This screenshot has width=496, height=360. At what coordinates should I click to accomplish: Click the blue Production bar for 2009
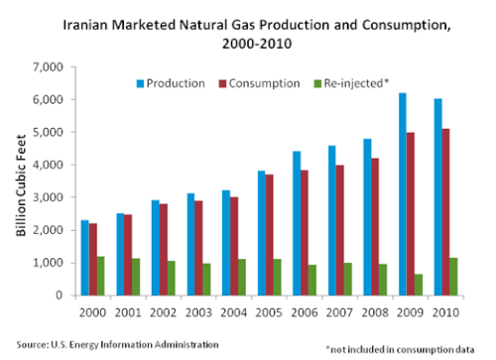click(x=403, y=194)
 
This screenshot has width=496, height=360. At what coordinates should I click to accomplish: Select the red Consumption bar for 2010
click(x=445, y=212)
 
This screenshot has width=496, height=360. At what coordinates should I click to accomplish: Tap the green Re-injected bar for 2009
click(x=419, y=285)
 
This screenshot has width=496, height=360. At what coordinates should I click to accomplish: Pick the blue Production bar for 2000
click(x=85, y=258)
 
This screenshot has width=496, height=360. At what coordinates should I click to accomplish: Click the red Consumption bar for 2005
click(x=270, y=235)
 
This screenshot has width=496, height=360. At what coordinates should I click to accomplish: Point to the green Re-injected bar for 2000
click(x=101, y=276)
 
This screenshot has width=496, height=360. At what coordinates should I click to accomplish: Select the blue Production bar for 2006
click(x=297, y=223)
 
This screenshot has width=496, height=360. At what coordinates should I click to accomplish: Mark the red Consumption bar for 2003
click(x=198, y=248)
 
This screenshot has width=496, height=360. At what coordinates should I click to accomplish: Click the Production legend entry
click(x=171, y=83)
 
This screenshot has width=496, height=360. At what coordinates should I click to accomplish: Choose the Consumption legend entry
click(x=260, y=83)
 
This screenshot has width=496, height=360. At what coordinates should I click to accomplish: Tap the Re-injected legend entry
click(x=351, y=83)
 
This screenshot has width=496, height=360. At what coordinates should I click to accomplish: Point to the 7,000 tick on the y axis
click(x=48, y=67)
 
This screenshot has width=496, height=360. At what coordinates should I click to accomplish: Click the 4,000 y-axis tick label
click(x=48, y=165)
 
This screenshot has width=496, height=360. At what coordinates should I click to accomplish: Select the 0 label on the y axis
click(x=60, y=295)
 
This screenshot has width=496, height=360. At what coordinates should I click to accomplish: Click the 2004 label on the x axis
click(x=234, y=312)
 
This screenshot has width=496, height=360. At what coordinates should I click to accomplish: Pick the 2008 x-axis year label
click(x=375, y=312)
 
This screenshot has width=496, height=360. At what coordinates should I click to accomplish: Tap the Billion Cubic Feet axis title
click(x=21, y=185)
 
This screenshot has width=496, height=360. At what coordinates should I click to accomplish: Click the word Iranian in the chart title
click(x=85, y=25)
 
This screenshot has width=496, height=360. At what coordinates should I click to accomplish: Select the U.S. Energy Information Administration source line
click(x=118, y=345)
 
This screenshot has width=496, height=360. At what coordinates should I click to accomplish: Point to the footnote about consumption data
click(x=400, y=349)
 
